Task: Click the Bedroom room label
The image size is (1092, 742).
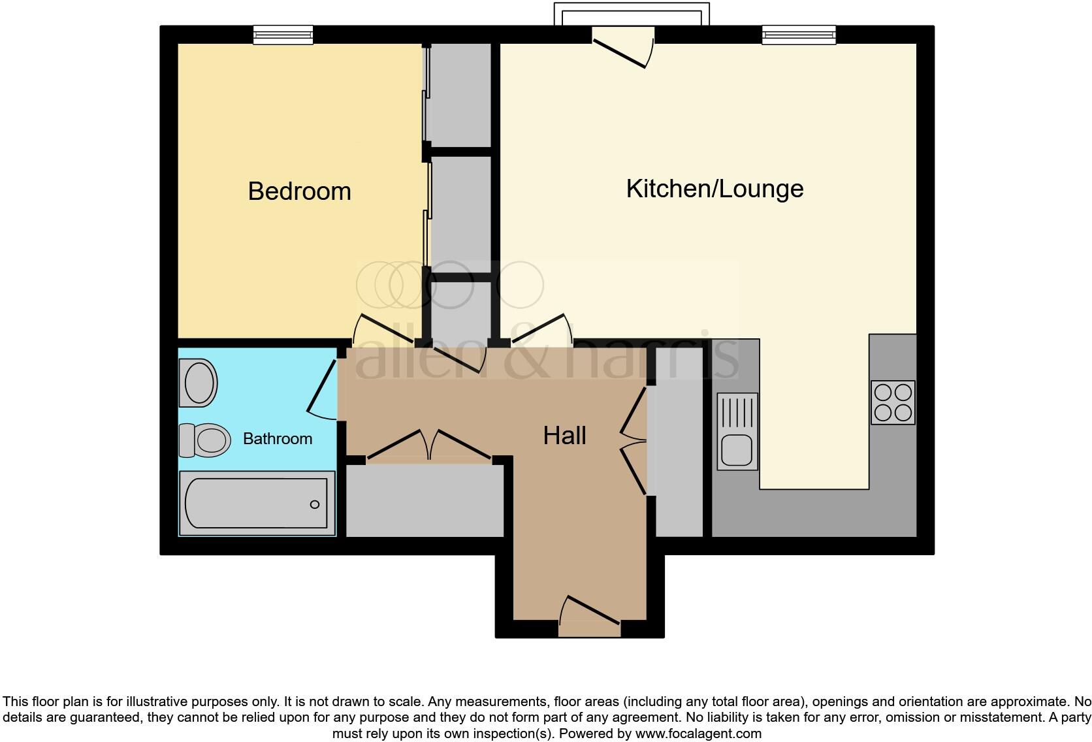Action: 299,191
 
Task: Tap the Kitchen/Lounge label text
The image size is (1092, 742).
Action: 715,189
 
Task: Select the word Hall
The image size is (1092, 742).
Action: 564,436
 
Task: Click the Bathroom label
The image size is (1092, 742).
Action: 277,438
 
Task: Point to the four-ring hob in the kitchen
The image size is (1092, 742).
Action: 893,402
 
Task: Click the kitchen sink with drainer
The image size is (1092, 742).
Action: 737,431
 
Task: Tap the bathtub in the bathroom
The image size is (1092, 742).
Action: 256,504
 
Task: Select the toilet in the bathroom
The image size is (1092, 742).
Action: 205,440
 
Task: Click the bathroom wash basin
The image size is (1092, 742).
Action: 199,382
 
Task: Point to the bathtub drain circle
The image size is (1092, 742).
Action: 315,504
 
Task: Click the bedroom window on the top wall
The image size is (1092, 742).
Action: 283,35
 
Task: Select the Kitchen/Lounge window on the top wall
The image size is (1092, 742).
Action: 798,35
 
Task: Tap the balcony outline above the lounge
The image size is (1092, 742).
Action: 631,13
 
